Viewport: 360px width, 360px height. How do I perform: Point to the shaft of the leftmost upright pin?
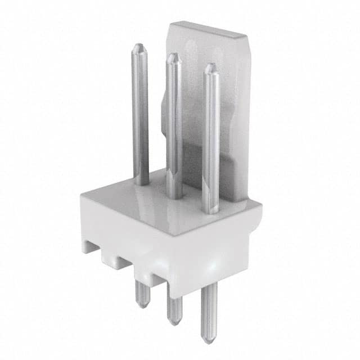coord(141,112)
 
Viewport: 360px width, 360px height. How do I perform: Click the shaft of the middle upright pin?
coord(174,124)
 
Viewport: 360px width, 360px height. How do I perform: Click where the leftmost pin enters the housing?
coord(142,183)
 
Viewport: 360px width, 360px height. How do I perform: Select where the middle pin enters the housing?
coord(175,197)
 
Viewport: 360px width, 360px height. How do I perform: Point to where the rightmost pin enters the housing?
coord(211,211)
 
